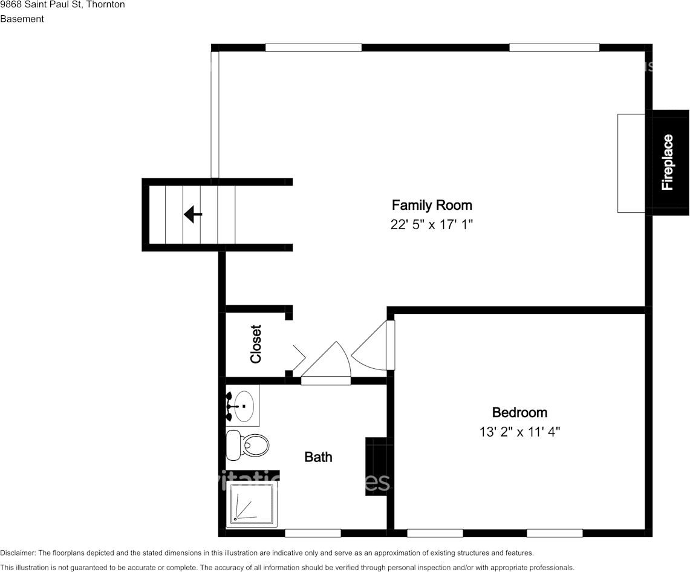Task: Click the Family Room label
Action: [431, 205]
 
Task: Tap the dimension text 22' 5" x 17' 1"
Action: [431, 225]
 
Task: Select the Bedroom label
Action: [519, 412]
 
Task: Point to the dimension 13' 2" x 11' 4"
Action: [519, 432]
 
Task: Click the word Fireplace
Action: [668, 162]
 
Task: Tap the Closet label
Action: [256, 344]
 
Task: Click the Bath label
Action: [318, 457]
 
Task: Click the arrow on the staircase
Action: [193, 214]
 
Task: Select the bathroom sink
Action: [244, 406]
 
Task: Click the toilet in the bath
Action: [248, 445]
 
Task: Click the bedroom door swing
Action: [371, 347]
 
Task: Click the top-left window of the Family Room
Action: [313, 48]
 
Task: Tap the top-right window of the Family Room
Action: [554, 48]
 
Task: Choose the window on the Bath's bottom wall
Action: [313, 533]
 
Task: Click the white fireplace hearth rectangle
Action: [631, 163]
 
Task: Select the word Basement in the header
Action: [22, 19]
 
